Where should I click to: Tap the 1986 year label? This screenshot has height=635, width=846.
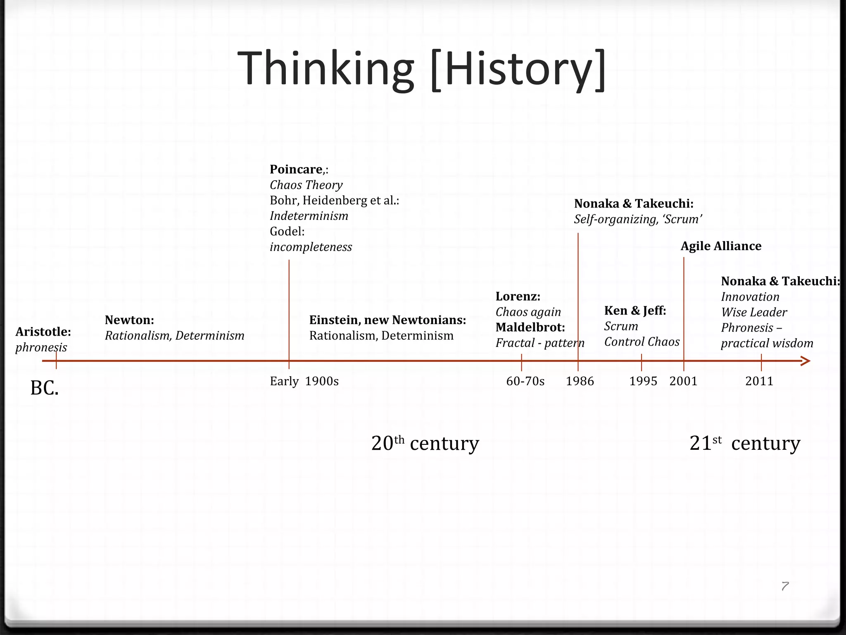(x=580, y=381)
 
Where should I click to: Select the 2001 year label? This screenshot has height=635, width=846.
(x=683, y=381)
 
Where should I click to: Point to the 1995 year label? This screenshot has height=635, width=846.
(x=643, y=381)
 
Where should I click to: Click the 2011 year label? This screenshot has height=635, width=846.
(x=759, y=381)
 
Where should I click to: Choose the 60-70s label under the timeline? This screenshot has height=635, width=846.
(x=525, y=381)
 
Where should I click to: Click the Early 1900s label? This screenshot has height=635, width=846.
(x=304, y=381)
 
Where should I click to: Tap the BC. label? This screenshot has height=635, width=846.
(x=45, y=388)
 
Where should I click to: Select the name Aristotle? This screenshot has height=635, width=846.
(x=43, y=332)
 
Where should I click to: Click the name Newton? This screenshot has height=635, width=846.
(x=129, y=320)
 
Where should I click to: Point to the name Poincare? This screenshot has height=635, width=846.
(x=296, y=169)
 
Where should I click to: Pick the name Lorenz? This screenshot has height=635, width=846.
(x=518, y=296)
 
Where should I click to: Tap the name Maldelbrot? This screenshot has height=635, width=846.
(x=530, y=327)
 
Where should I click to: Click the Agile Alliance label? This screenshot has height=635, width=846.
(x=721, y=246)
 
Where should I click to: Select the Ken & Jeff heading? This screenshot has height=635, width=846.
(x=635, y=310)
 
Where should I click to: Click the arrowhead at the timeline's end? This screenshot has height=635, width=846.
(x=806, y=361)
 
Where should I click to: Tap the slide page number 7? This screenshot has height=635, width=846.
(x=785, y=586)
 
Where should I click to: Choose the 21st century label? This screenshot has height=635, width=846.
(x=744, y=443)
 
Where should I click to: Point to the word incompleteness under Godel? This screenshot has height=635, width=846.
(x=311, y=247)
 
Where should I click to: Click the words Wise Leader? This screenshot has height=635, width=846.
(x=754, y=313)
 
